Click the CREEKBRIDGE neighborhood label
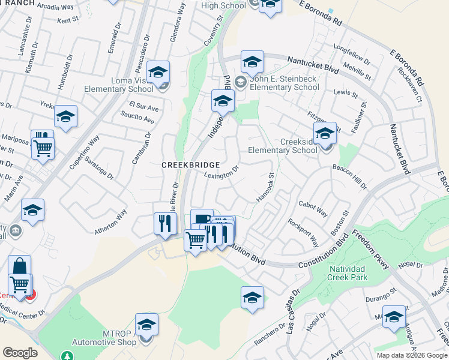click(190, 164)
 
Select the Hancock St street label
click(265, 188)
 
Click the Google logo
click(20, 353)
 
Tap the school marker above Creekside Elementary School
click(325, 134)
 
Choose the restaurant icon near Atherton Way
click(164, 224)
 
